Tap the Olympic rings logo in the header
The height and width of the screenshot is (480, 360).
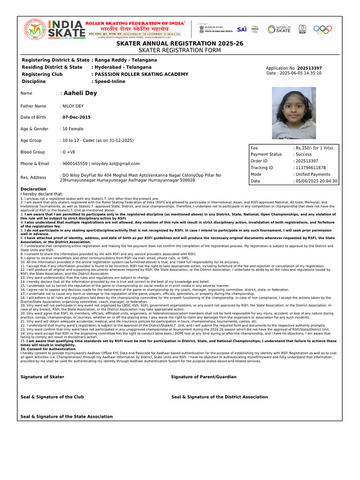click(x=322, y=29)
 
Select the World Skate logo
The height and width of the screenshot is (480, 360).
click(x=279, y=29)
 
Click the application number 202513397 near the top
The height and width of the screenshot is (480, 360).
click(x=309, y=68)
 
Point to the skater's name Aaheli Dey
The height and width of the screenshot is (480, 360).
click(x=80, y=93)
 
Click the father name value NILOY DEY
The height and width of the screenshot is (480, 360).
click(x=73, y=106)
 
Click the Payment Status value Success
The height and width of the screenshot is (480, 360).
click(x=302, y=154)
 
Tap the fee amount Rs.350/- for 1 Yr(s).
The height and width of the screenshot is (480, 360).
click(x=314, y=148)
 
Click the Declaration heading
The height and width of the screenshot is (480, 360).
click(x=33, y=189)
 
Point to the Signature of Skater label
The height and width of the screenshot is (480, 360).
click(x=43, y=377)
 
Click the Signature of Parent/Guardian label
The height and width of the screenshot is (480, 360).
click(x=203, y=377)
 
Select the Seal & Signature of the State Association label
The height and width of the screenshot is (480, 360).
click(x=67, y=416)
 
